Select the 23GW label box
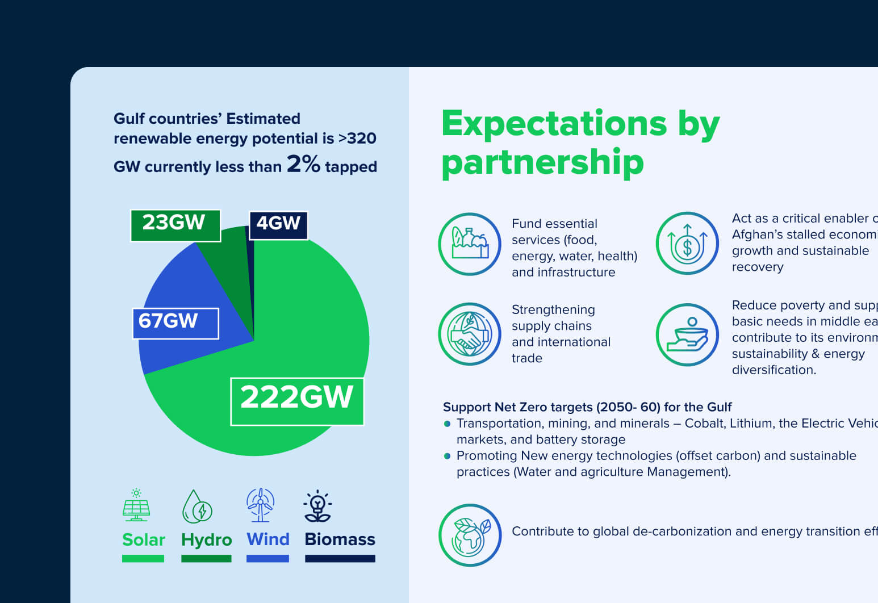click(x=175, y=225)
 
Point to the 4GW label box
click(x=278, y=225)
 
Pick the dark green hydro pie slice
click(x=230, y=256)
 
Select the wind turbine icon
click(x=261, y=505)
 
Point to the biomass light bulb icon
click(x=317, y=506)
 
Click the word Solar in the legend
click(x=144, y=539)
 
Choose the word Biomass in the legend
click(x=340, y=539)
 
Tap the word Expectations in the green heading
click(x=554, y=123)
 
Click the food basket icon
click(x=470, y=244)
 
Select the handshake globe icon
click(x=470, y=334)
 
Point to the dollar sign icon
click(x=687, y=244)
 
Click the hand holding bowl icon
click(x=687, y=335)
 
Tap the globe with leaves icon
click(x=470, y=535)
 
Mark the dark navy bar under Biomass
click(x=340, y=559)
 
